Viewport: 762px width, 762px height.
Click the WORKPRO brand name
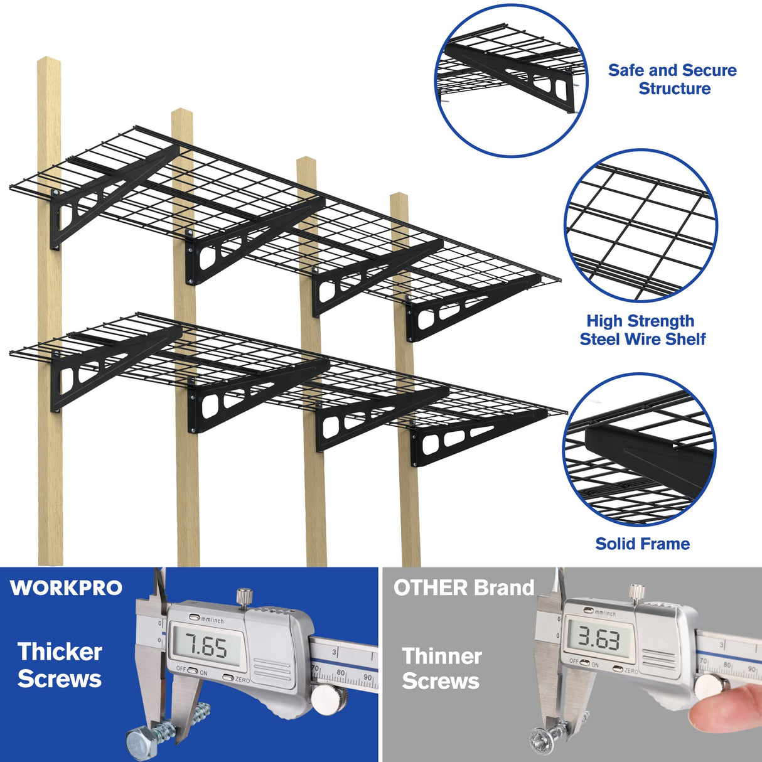click(66, 588)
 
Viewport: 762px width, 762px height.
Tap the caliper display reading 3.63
click(598, 639)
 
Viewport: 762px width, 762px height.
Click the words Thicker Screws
click(60, 665)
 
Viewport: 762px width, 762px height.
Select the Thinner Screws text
click(441, 668)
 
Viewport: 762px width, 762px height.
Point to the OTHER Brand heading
click(463, 588)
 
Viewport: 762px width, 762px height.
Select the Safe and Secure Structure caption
click(672, 80)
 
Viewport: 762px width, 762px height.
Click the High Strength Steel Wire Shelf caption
click(641, 330)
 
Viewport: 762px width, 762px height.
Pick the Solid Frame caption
click(642, 544)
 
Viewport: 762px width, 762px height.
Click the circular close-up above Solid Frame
click(640, 450)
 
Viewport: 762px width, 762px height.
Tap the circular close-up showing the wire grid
click(641, 226)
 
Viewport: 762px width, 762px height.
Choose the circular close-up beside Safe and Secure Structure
click(512, 80)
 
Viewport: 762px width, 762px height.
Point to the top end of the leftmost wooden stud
click(48, 63)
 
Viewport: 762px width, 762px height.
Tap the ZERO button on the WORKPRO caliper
click(228, 678)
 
